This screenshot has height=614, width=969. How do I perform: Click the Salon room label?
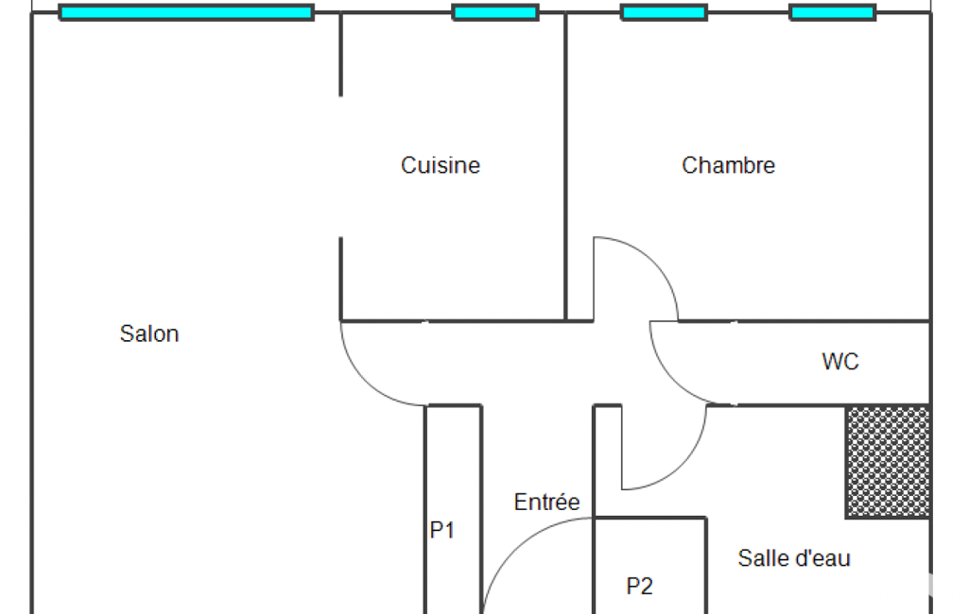pyautogui.click(x=149, y=333)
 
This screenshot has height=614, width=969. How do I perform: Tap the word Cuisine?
pyautogui.click(x=441, y=165)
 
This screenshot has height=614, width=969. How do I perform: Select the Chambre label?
pyautogui.click(x=728, y=165)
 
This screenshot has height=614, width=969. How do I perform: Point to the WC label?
pyautogui.click(x=839, y=361)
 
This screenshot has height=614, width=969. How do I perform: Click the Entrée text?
pyautogui.click(x=546, y=502)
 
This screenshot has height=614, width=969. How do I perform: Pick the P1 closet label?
pyautogui.click(x=442, y=531)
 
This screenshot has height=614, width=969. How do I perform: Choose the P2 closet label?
pyautogui.click(x=640, y=587)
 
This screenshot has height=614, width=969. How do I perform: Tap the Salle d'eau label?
pyautogui.click(x=794, y=558)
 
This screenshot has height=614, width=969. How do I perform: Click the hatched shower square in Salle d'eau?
pyautogui.click(x=887, y=462)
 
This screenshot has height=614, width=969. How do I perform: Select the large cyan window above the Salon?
pyautogui.click(x=186, y=12)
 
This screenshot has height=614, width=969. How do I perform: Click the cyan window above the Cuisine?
pyautogui.click(x=495, y=12)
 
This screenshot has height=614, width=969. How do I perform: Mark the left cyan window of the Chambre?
pyautogui.click(x=664, y=12)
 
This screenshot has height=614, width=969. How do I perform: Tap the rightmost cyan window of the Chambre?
pyautogui.click(x=832, y=12)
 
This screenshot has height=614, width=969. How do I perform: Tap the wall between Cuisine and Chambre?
pyautogui.click(x=565, y=165)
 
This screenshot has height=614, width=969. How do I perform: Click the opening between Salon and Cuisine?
pyautogui.click(x=340, y=166)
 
